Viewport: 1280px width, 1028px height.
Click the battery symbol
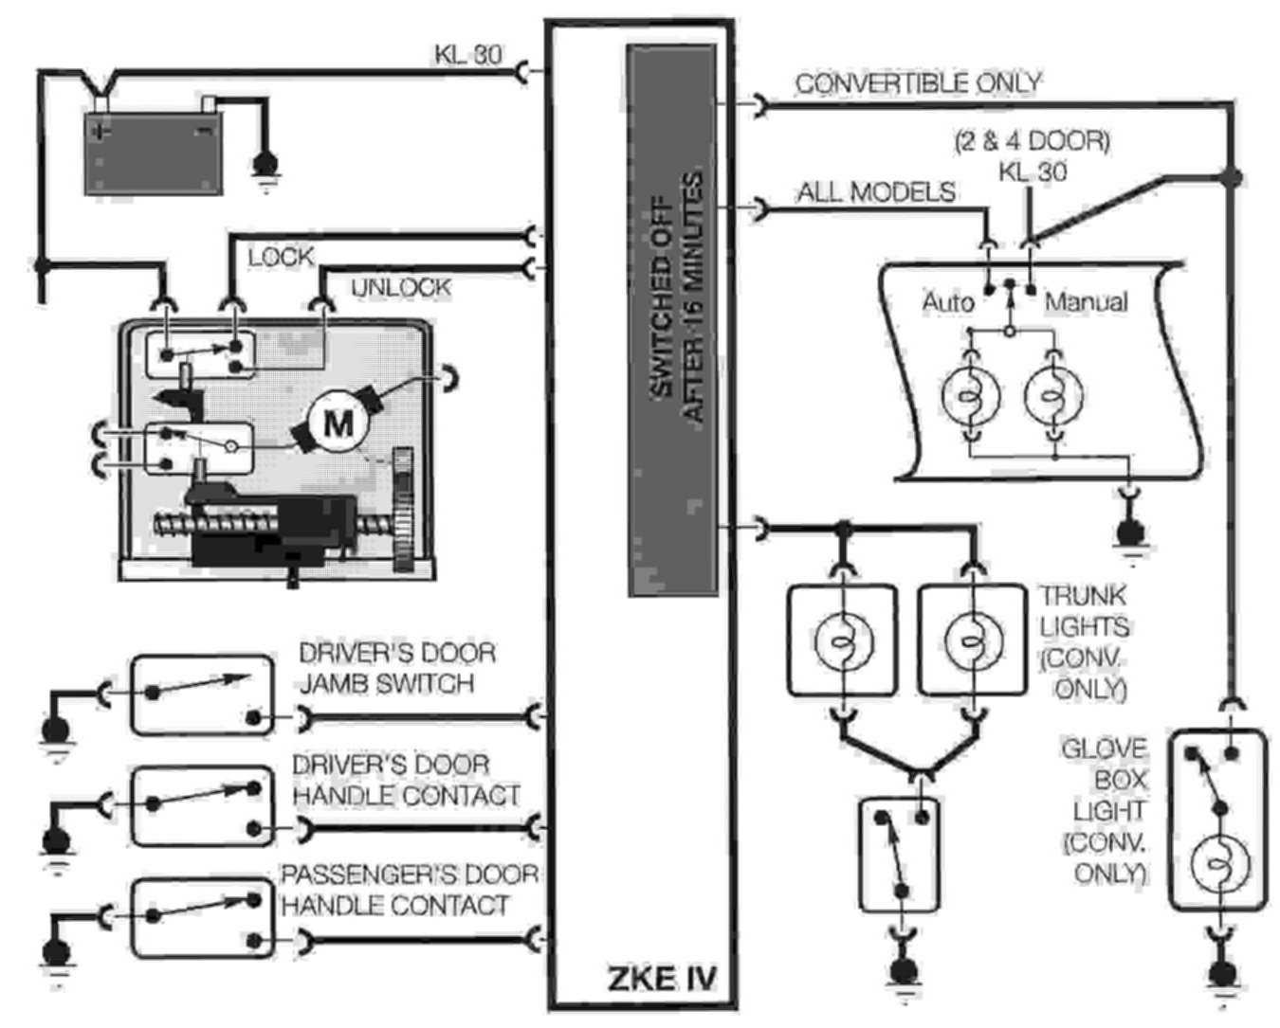point(153,152)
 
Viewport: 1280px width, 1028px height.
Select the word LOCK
point(280,257)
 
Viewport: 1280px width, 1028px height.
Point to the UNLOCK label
point(401,287)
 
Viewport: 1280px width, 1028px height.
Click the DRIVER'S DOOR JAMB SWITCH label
point(396,669)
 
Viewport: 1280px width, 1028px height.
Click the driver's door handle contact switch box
point(202,807)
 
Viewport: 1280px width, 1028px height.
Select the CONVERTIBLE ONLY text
point(917,83)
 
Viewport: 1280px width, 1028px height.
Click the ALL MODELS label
point(875,192)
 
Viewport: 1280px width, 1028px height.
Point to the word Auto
point(947,302)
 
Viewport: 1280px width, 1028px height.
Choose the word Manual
point(1087,302)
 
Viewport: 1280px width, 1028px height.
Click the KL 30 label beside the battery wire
point(467,54)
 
